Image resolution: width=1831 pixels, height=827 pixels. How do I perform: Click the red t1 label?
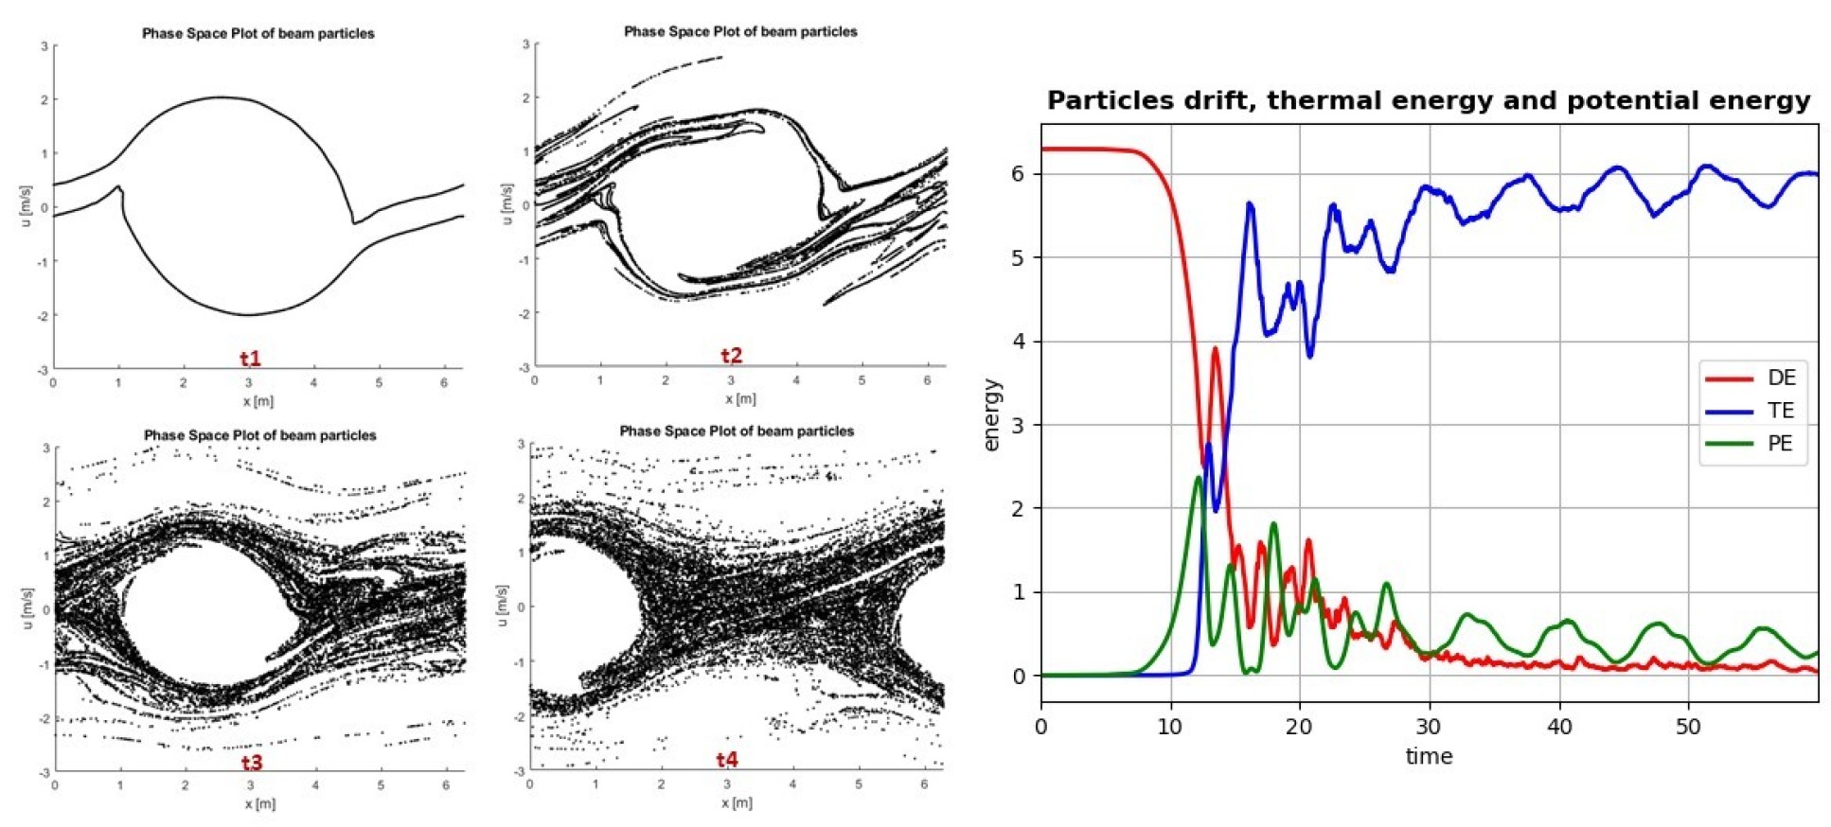(250, 359)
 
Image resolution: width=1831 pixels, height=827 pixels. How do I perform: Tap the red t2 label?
(731, 356)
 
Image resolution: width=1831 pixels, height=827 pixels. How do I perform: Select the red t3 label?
(251, 763)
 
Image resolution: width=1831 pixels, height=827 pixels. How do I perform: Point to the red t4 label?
(726, 760)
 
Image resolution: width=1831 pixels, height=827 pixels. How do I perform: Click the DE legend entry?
(1780, 378)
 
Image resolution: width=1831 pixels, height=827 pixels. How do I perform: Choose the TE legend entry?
(1780, 411)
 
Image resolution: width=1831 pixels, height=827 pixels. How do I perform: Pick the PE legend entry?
(1780, 444)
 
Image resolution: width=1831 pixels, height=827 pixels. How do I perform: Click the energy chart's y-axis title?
(991, 415)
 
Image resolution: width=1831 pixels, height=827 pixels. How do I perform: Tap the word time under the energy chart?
(1429, 756)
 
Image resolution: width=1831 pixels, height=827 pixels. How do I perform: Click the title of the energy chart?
(1429, 101)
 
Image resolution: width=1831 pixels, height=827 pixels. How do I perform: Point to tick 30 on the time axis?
(1429, 727)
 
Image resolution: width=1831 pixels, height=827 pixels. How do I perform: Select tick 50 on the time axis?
(1688, 727)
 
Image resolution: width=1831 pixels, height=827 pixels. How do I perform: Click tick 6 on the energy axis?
(1018, 174)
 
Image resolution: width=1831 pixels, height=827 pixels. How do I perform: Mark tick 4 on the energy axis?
(1018, 342)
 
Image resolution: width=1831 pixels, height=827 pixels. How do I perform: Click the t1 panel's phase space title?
(258, 33)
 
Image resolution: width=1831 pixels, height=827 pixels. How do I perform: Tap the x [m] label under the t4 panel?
(736, 803)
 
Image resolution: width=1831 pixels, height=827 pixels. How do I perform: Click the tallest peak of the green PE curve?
(1198, 478)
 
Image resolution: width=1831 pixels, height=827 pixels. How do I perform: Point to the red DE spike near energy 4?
(1216, 349)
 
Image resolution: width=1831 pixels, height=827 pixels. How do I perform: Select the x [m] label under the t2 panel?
(740, 398)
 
